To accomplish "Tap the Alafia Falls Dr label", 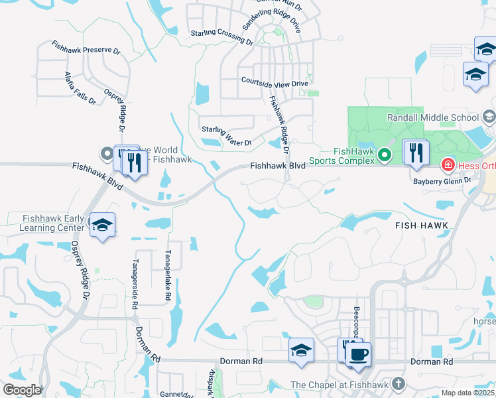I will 80,88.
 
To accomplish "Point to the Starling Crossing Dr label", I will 221,36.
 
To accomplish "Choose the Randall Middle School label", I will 432,117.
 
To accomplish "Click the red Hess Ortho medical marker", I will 448,163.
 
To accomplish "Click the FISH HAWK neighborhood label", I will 422,226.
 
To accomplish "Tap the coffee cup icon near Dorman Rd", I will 358,354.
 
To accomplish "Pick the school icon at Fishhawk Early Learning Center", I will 103,226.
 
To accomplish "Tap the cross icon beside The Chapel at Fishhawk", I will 397,384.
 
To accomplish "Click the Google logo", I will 22,390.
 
